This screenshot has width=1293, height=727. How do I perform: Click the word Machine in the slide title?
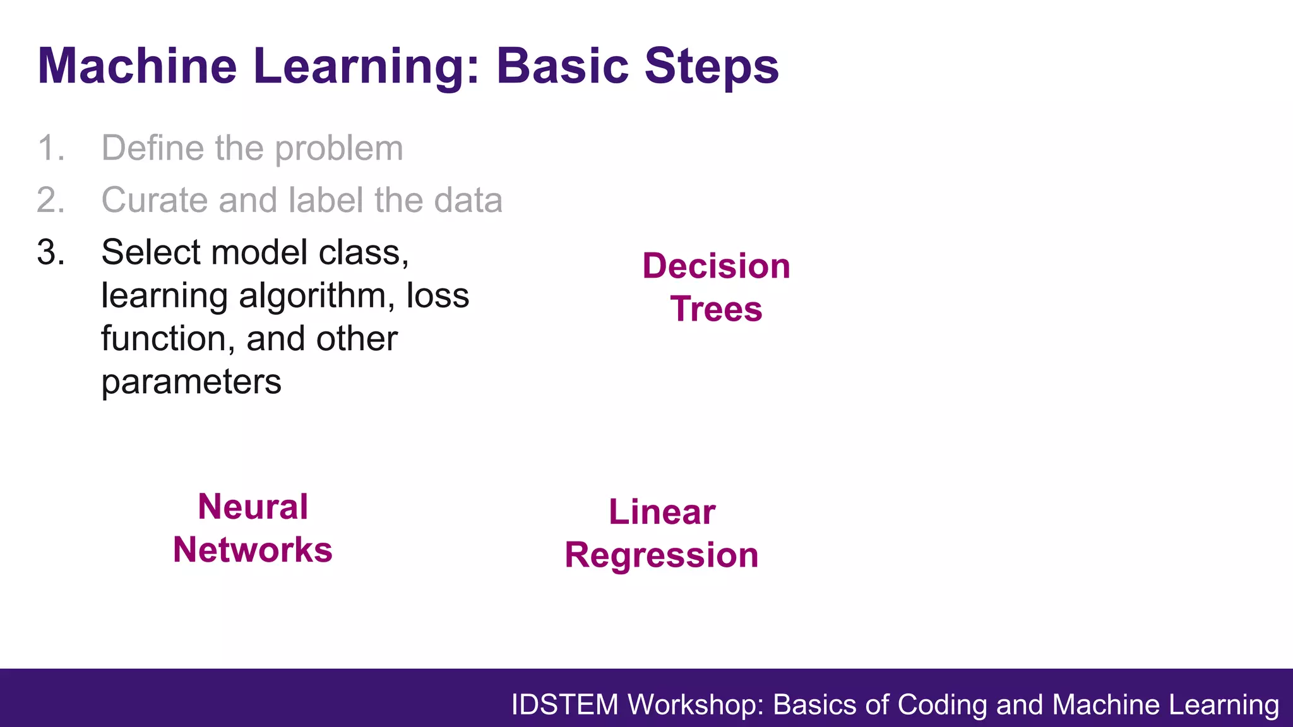tap(138, 66)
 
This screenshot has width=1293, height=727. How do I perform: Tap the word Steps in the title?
tap(712, 66)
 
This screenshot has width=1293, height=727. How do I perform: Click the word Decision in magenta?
tap(716, 266)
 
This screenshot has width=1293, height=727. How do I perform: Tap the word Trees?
tap(716, 309)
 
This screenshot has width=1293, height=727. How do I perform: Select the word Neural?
tap(253, 507)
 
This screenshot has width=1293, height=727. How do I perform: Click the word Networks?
tap(253, 550)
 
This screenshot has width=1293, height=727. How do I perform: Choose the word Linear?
tap(662, 512)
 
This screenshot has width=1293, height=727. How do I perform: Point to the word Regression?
tap(662, 555)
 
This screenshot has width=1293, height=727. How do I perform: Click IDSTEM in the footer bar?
tap(564, 705)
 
